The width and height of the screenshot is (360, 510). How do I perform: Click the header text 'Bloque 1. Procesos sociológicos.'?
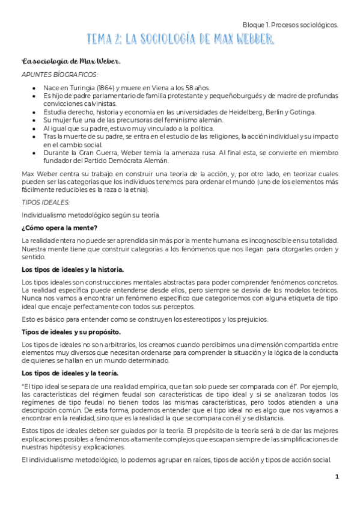[x=290, y=25]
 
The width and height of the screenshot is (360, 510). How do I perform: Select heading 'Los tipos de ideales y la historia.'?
[x=73, y=269]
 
